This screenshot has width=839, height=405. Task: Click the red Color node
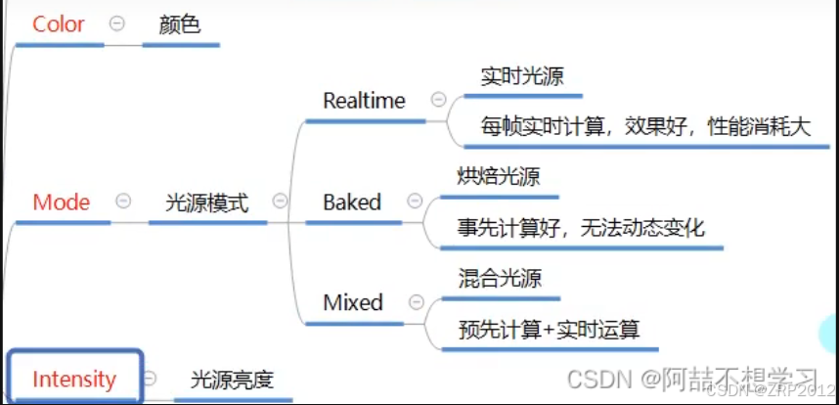tap(59, 24)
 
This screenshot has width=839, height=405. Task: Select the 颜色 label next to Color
tap(179, 24)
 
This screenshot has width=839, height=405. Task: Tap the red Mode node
tap(62, 202)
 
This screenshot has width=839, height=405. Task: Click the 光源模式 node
tap(206, 202)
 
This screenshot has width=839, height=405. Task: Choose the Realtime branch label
tap(364, 101)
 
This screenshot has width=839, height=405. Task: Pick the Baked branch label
tap(352, 202)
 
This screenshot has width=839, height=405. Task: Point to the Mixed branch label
tap(353, 303)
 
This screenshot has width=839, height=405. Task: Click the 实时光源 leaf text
tap(521, 76)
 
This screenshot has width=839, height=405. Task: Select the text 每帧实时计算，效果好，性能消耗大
tap(645, 127)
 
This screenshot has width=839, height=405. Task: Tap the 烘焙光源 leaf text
tap(499, 177)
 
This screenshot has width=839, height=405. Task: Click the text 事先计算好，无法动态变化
tap(581, 229)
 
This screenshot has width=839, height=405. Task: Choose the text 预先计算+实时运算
tap(549, 330)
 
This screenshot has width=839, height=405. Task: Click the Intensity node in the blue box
tap(74, 379)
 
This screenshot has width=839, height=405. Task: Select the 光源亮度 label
tap(232, 380)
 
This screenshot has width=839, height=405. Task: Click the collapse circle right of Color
tap(116, 24)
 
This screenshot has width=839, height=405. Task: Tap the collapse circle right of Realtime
tap(438, 100)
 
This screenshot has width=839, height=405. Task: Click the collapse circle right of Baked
tap(415, 202)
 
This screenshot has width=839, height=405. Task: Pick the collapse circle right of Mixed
tap(416, 302)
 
